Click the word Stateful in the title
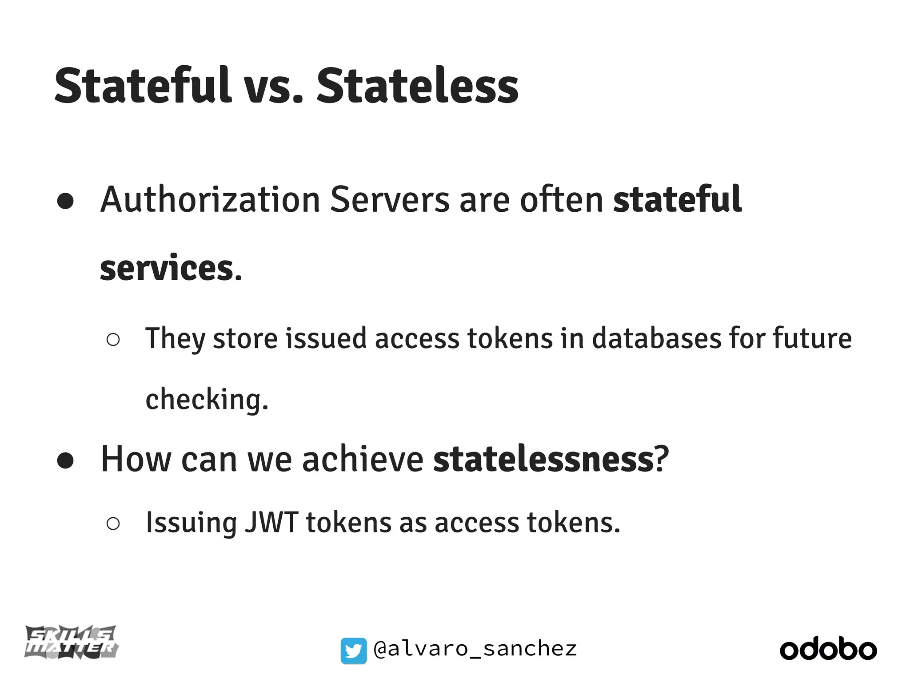click(x=142, y=85)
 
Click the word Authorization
click(x=210, y=200)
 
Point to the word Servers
click(x=390, y=200)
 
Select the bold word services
click(x=167, y=268)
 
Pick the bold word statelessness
click(x=543, y=459)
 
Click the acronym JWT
click(x=271, y=522)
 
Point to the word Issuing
click(x=191, y=523)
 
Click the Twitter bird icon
click(x=354, y=651)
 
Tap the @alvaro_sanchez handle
click(x=475, y=649)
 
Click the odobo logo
click(x=828, y=650)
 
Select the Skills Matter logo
click(x=71, y=642)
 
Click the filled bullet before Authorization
click(x=65, y=201)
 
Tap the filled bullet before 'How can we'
click(x=65, y=460)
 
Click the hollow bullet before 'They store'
click(x=113, y=340)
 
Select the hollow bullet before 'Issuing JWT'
click(x=113, y=524)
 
